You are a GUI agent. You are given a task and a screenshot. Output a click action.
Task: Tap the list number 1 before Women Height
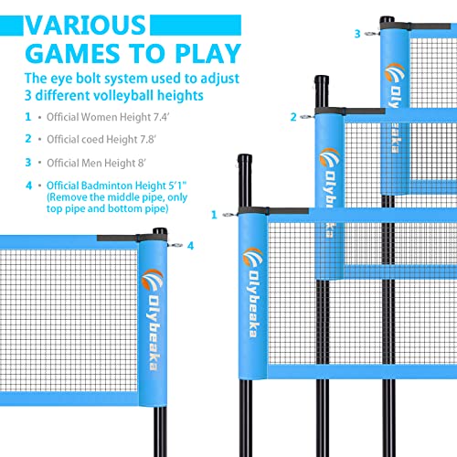coord(27,117)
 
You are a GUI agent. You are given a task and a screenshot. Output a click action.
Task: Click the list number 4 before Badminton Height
coord(27,185)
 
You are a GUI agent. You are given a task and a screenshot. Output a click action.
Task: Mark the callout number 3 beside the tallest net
coord(357,33)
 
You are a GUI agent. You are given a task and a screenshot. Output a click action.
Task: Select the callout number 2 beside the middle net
coord(294,116)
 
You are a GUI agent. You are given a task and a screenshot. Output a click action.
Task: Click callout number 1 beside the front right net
coord(214,215)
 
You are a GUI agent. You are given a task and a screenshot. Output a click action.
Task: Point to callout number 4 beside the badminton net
coord(191,245)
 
